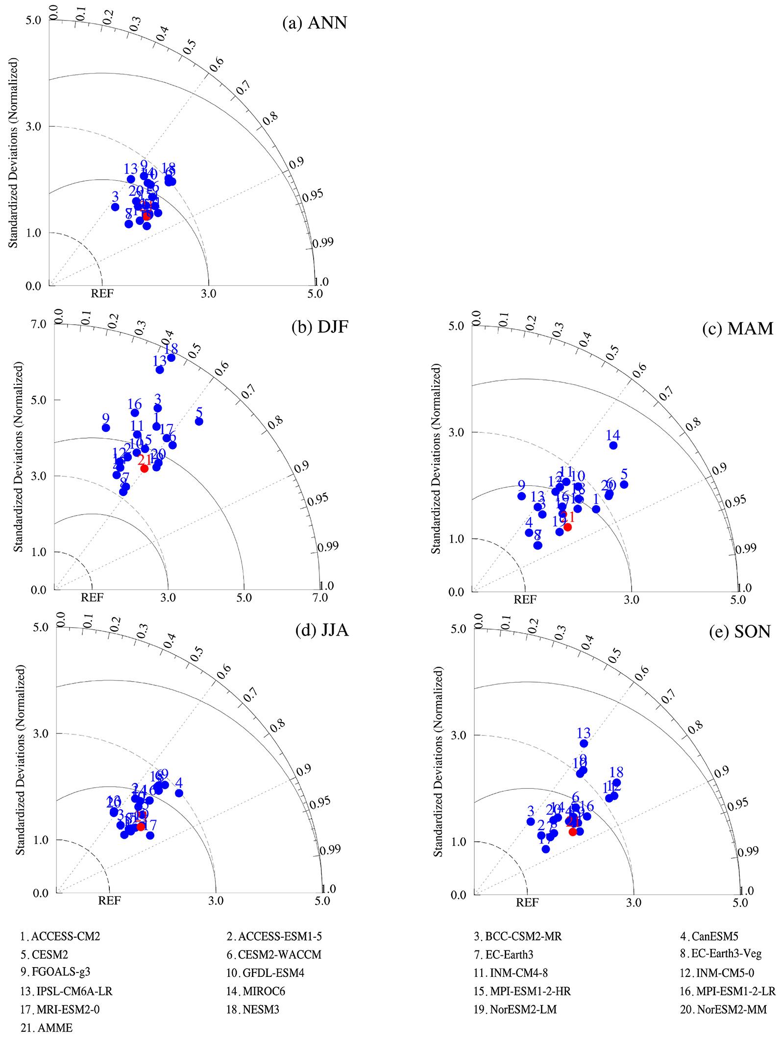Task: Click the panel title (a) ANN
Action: click(315, 23)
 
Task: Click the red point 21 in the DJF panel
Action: click(144, 468)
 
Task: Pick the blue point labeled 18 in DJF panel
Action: click(171, 357)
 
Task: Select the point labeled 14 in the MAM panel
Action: click(613, 445)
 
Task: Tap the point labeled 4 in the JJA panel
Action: click(179, 793)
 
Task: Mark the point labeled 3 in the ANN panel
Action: click(115, 207)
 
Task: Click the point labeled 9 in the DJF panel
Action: click(105, 427)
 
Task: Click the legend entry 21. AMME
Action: click(46, 1028)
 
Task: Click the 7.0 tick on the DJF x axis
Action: click(320, 598)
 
